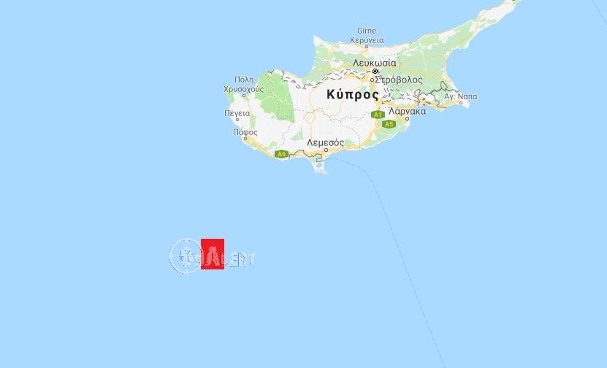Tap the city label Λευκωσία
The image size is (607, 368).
(374, 64)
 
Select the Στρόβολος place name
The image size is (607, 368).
(397, 79)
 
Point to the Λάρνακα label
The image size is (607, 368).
(408, 112)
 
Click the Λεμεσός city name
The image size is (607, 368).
(326, 142)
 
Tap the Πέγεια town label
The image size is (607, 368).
(237, 113)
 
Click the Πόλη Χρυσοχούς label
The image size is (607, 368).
(243, 83)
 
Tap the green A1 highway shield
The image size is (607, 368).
(377, 115)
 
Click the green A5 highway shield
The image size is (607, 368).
(389, 124)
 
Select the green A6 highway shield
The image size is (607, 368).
(282, 154)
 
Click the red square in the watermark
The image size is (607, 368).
(212, 254)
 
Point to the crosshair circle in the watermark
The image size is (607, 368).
(185, 256)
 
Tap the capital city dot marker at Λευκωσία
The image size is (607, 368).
(375, 72)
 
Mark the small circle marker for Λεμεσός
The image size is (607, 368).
(316, 150)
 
